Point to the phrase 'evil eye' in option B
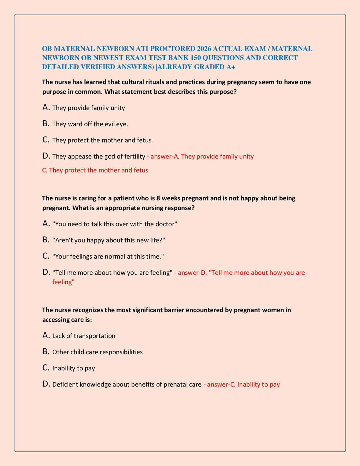coord(116,124)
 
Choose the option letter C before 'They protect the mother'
coord(46,140)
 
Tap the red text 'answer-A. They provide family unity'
coord(202,157)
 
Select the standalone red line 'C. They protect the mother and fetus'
coord(95,170)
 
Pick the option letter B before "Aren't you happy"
coord(46,240)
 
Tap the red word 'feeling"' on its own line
coord(64,282)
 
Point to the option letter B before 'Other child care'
coord(46,352)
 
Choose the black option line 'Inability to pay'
coord(74,368)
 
